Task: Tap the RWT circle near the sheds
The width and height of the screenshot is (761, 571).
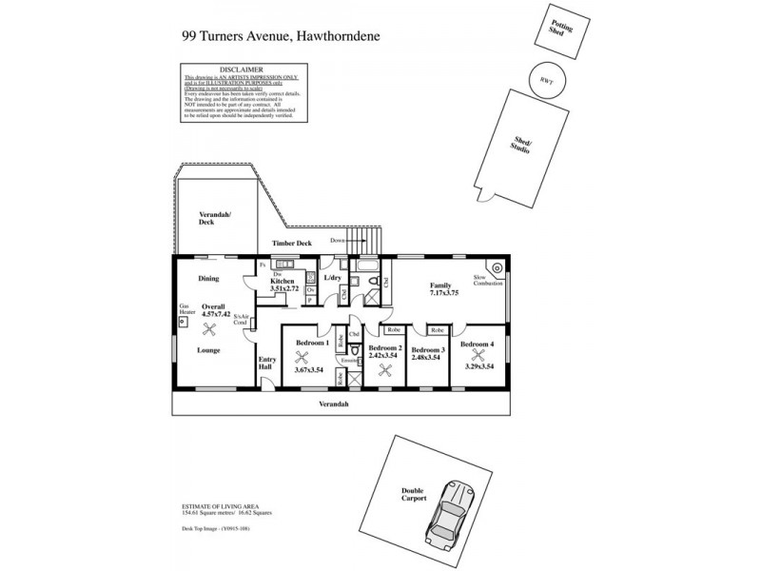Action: (546, 81)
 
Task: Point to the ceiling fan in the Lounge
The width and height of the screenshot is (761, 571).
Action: (210, 328)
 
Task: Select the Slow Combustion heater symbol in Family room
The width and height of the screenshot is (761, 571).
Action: (495, 267)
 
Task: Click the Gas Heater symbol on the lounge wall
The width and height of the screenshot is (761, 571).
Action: (181, 322)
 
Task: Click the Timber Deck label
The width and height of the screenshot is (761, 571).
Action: (292, 244)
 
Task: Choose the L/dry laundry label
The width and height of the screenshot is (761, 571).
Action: (333, 278)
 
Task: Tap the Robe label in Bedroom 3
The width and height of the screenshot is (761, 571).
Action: (438, 329)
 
